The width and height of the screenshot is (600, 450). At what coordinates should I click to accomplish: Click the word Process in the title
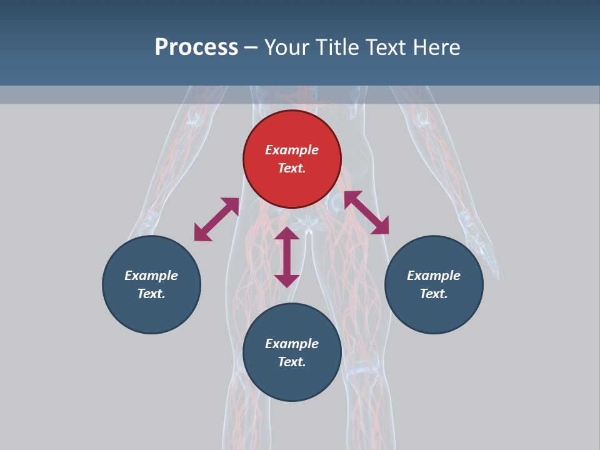coord(196,47)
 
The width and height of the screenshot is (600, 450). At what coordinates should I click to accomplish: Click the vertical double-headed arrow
coord(287,257)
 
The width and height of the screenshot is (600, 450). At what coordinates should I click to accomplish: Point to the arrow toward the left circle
coord(216,219)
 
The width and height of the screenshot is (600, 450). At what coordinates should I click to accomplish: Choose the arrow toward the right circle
coord(367,212)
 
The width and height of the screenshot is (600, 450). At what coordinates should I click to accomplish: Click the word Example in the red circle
coord(292,150)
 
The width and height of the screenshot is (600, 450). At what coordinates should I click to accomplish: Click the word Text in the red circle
coord(292,168)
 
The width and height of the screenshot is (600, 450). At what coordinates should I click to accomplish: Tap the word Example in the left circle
coord(151,276)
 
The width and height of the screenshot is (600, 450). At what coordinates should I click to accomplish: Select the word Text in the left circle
coord(151,294)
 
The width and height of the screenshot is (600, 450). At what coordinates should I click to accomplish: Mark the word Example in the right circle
coord(434,276)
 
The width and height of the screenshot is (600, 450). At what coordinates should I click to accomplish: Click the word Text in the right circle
coord(434,294)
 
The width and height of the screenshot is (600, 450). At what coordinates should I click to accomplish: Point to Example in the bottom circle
coord(292,344)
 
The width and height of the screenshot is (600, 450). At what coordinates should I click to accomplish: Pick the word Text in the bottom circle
coord(292,362)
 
